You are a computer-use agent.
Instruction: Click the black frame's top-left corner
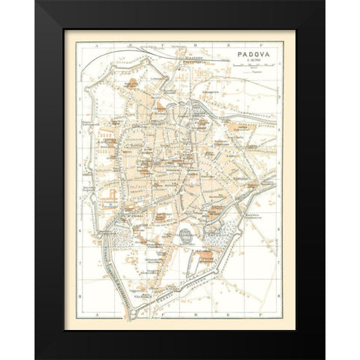pos(36,2)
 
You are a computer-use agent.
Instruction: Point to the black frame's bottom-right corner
pos(324,358)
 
